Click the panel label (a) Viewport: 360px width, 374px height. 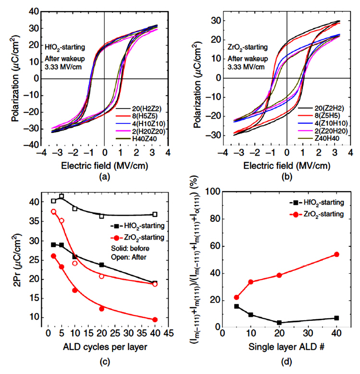coord(104,176)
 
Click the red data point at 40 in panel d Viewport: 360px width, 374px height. coord(336,254)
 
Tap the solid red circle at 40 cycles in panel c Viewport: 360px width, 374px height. coord(155,320)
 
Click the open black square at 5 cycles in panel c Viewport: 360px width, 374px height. coord(62,196)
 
